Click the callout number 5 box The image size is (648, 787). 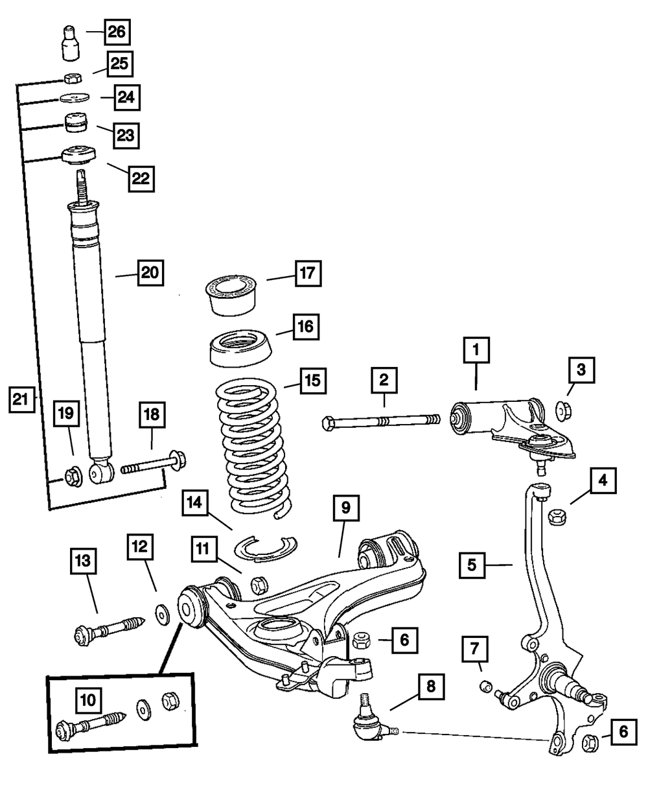pos(472,565)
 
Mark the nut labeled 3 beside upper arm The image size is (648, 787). pos(563,410)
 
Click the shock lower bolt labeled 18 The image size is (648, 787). pos(152,464)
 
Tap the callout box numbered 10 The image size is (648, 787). pos(89,700)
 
